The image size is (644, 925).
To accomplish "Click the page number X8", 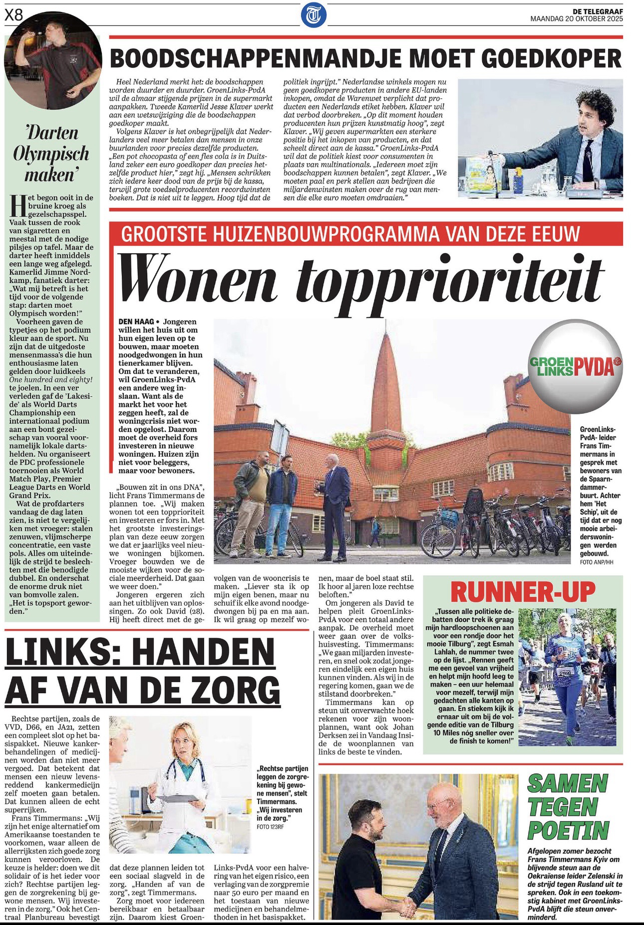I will pos(14,15).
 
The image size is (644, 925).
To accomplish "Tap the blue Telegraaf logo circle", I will pos(314,15).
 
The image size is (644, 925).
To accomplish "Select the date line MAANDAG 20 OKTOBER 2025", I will pos(576,19).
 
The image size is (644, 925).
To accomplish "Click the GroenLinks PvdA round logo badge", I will pos(575,366).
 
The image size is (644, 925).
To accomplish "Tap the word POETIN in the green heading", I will pos(568,831).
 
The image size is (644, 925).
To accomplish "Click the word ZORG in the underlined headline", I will pos(235,691).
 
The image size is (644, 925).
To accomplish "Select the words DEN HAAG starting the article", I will pos(136,322).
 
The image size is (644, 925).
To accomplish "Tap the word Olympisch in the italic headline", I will pos(51,154).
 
